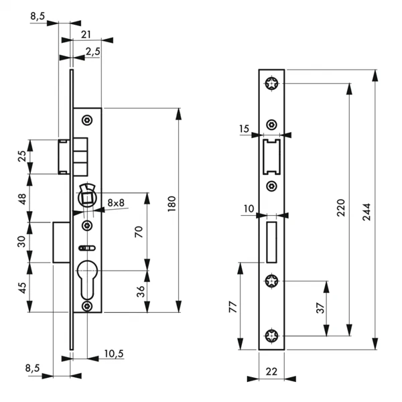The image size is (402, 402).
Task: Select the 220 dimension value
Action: pyautogui.click(x=341, y=208)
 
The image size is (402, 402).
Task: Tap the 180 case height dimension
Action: pyautogui.click(x=172, y=204)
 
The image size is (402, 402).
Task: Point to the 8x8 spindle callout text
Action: pyautogui.click(x=116, y=203)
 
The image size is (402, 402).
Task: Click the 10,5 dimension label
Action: pyautogui.click(x=114, y=354)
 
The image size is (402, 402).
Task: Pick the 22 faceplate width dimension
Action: pyautogui.click(x=271, y=371)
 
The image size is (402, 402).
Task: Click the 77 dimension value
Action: pyautogui.click(x=233, y=307)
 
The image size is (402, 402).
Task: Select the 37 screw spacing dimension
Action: pyautogui.click(x=320, y=308)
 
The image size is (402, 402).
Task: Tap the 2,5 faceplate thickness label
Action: pyautogui.click(x=93, y=52)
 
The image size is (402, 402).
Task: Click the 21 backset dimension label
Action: pyautogui.click(x=86, y=35)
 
